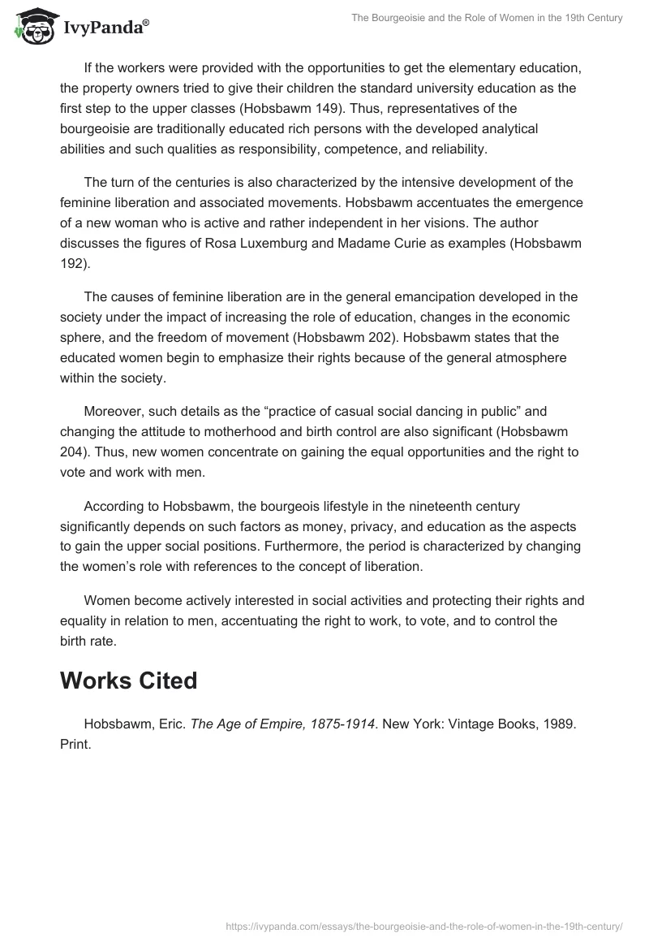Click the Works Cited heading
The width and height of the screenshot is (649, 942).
(x=128, y=681)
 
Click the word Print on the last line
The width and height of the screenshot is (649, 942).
(x=75, y=744)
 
